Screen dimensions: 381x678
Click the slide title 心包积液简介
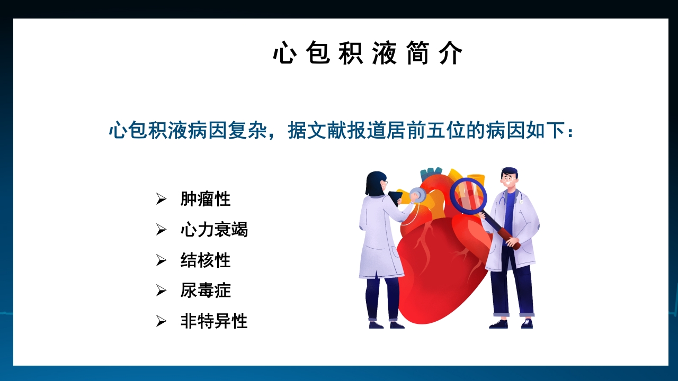368,53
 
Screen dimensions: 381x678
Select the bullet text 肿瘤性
206,199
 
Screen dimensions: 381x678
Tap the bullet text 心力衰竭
214,230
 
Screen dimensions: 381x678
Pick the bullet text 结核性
206,260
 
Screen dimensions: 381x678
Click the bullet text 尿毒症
206,291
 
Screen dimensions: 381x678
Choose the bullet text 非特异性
214,321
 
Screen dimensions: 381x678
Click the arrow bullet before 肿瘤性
161,199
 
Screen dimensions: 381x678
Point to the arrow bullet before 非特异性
161,321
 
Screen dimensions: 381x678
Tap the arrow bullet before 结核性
161,260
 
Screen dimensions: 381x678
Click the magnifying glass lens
468,196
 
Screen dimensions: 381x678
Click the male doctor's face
509,180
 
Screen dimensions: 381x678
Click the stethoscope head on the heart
418,195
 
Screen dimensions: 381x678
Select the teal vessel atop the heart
431,175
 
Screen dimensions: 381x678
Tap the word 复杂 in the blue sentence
247,130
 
